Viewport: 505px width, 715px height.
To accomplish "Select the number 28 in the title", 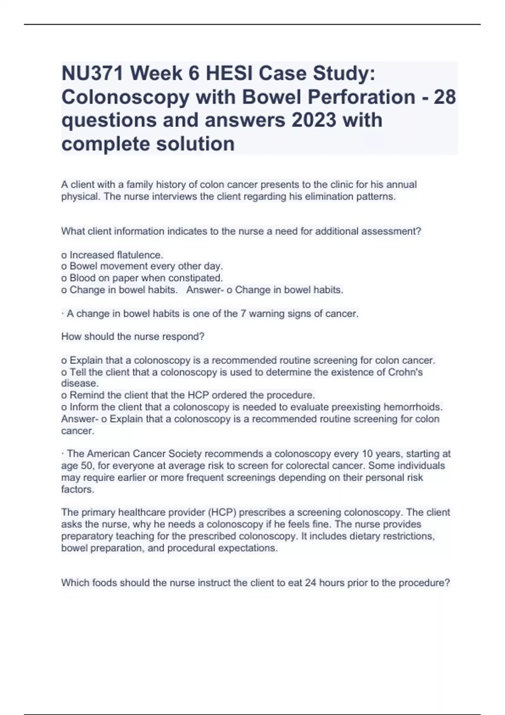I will (444, 98).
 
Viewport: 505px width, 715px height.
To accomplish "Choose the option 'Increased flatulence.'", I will (112, 255).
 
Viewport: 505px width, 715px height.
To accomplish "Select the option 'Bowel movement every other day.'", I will (142, 266).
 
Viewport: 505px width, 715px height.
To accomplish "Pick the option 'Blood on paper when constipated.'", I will (142, 278).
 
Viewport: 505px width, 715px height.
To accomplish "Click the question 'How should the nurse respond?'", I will (133, 336).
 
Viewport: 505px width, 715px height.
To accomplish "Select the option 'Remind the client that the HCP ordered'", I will (188, 395).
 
